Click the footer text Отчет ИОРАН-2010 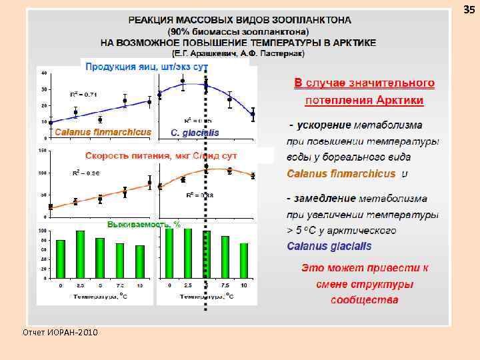60,332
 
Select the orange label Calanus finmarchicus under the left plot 102,132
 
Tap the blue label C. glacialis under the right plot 195,133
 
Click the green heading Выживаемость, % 143,225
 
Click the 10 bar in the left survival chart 140,261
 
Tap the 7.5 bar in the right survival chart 225,257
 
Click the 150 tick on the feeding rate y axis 43,151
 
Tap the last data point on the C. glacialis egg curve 253,114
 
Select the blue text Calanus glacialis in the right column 329,246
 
